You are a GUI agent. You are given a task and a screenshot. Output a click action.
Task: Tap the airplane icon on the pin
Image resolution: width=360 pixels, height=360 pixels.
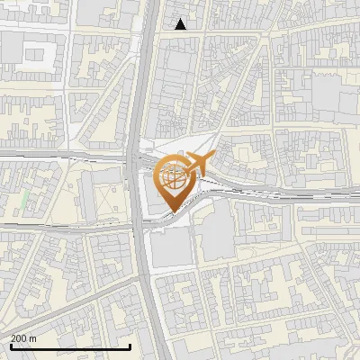[x=193, y=166]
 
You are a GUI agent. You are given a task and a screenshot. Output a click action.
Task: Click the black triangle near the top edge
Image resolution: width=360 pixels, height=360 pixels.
[x=181, y=24]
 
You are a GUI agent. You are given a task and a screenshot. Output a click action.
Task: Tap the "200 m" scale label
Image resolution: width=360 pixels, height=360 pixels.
[x=23, y=337]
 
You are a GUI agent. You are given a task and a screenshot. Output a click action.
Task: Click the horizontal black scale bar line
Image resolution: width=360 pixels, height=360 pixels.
[x=70, y=346]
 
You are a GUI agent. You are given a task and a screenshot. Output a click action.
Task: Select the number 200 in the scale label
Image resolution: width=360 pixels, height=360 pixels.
[x=19, y=337]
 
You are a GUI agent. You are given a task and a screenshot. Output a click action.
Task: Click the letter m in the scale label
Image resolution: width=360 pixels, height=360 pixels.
[x=32, y=337]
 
